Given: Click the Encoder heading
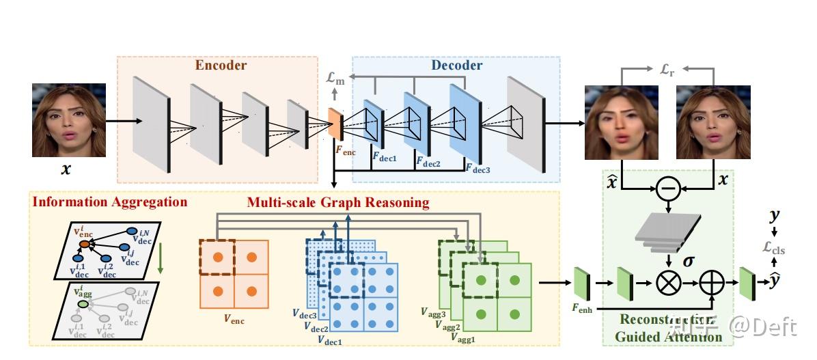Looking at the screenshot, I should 221,66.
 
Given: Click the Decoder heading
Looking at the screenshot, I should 456,66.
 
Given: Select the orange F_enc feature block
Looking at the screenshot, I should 335,124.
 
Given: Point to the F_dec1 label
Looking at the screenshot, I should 384,155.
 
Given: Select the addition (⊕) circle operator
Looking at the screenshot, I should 712,281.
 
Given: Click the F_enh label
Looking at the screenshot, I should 582,307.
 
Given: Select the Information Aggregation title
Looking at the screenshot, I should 110,202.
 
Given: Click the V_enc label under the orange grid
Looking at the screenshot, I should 235,319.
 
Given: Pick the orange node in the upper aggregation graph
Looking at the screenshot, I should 84,243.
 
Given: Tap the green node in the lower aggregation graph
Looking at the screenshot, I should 81,303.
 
